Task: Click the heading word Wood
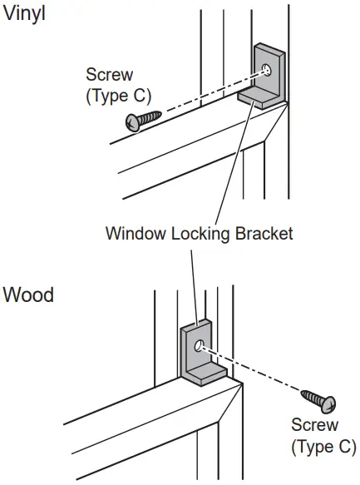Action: click(29, 294)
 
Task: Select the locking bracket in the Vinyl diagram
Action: click(269, 76)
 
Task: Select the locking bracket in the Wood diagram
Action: click(199, 354)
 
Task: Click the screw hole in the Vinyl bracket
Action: click(266, 69)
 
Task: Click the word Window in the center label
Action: click(132, 233)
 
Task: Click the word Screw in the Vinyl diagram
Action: click(109, 76)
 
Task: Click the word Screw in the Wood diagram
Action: click(314, 425)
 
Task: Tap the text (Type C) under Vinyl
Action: click(118, 96)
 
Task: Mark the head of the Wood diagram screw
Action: click(329, 403)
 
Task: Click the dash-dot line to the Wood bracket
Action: click(258, 370)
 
